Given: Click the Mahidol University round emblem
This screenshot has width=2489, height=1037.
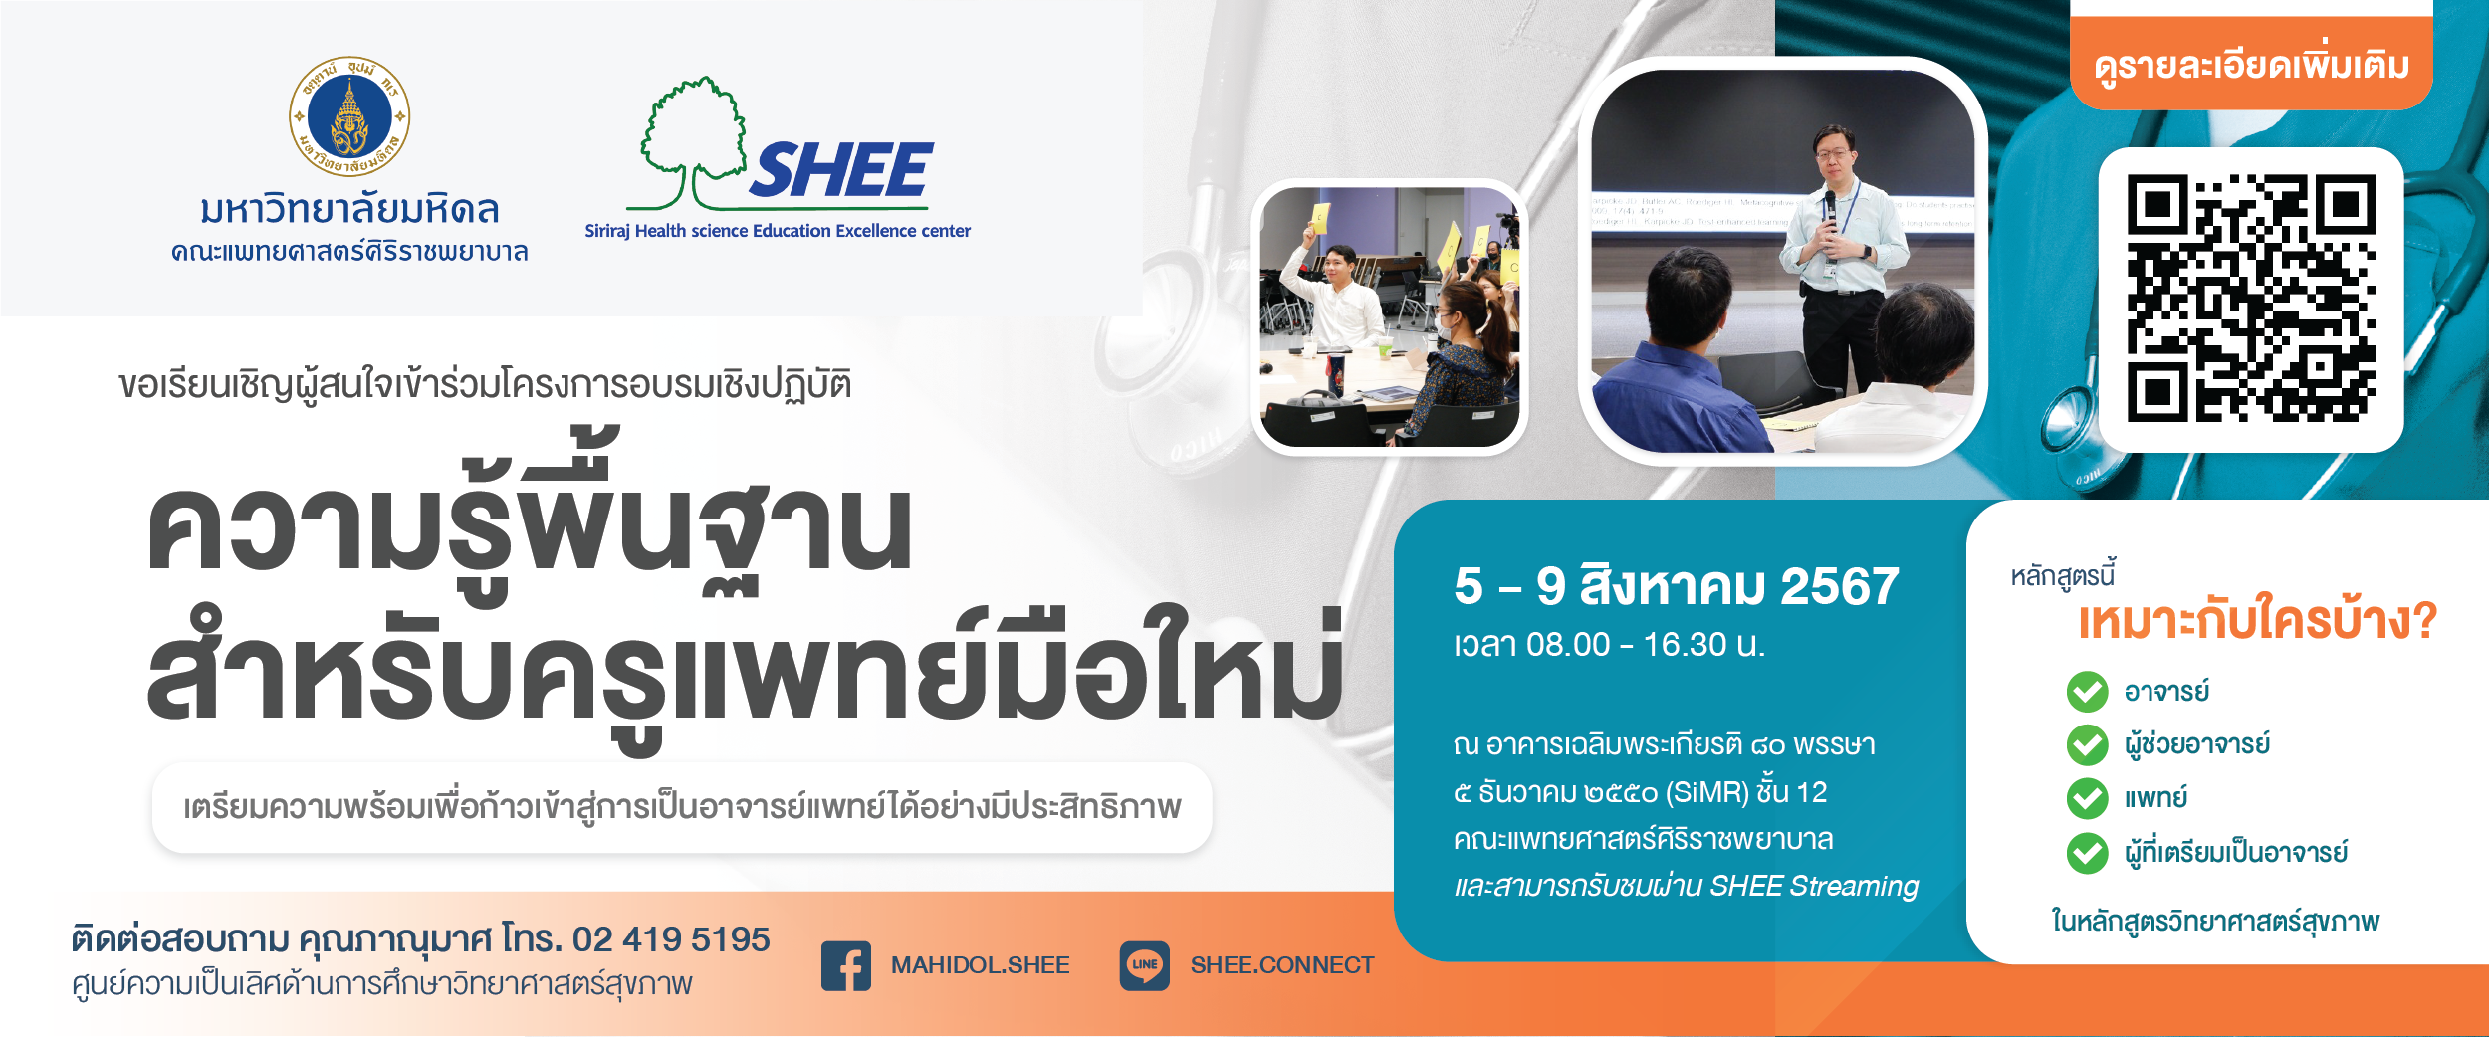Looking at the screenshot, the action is tap(349, 116).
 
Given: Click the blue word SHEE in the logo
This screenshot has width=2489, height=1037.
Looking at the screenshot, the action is tap(841, 170).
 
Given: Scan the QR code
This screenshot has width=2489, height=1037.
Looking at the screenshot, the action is tap(2251, 299).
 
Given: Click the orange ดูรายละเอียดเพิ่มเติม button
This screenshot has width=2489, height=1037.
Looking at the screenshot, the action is tap(2251, 65).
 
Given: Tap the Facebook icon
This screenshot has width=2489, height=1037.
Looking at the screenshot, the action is tap(846, 965).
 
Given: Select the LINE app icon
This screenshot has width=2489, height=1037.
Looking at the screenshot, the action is tap(1145, 965).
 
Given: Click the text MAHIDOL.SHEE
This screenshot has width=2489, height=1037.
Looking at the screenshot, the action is tap(980, 965).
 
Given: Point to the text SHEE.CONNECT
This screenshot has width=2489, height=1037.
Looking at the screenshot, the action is tap(1282, 965).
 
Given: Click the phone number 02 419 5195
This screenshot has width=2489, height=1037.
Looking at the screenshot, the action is tap(671, 938).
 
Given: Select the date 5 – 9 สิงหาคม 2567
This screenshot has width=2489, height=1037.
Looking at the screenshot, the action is tap(1677, 585).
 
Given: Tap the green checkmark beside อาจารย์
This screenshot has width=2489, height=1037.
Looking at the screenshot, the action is tap(2087, 692).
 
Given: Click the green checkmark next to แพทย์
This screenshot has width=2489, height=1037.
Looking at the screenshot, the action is tap(2087, 798).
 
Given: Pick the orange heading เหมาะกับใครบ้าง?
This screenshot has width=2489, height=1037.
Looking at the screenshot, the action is tap(2257, 619).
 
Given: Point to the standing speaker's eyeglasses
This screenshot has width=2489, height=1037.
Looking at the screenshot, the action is tap(1835, 153).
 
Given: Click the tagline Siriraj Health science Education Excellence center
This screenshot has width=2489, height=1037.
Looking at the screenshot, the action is tap(778, 231).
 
